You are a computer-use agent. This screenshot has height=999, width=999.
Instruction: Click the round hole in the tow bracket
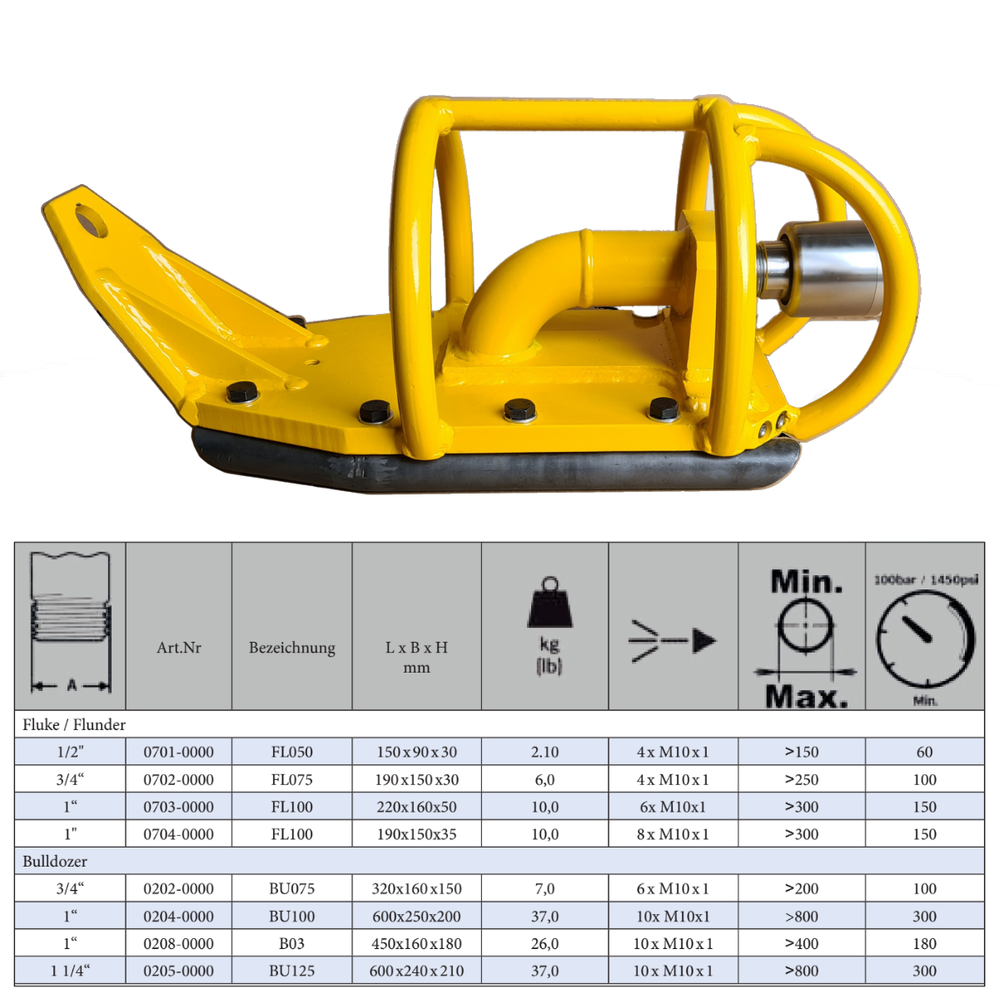click(92, 221)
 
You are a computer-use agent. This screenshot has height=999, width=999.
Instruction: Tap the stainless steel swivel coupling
click(820, 269)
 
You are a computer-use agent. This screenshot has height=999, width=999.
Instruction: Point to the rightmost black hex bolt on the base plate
click(664, 410)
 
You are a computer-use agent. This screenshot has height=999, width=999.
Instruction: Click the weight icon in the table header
click(549, 603)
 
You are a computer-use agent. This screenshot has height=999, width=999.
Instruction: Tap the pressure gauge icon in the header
click(925, 639)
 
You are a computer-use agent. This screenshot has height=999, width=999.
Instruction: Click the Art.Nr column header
click(179, 648)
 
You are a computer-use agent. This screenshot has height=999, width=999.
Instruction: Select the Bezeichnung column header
click(292, 648)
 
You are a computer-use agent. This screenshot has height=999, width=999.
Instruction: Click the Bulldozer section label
click(55, 861)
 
